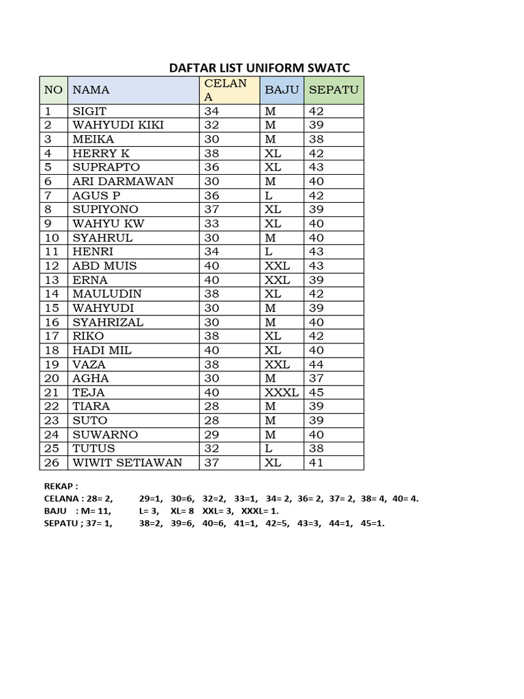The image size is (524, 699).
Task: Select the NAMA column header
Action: tap(91, 89)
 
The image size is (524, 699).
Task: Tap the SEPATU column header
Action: tap(334, 89)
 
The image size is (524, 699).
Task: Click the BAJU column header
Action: tap(282, 89)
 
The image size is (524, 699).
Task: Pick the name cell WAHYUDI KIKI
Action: tap(118, 125)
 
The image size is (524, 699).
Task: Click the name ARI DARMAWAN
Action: tap(123, 182)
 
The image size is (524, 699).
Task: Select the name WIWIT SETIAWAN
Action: tap(127, 463)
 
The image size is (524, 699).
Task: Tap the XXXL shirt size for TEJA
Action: tap(282, 393)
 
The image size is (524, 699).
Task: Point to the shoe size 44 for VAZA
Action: tap(316, 365)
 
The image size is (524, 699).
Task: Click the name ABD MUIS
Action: tap(104, 266)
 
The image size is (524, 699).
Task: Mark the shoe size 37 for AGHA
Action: tap(316, 378)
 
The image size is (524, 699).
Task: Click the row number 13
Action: tap(52, 280)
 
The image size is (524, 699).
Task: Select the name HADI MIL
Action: tap(102, 350)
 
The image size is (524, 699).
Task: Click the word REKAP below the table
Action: tap(59, 487)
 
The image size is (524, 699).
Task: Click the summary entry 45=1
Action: tap(373, 524)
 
